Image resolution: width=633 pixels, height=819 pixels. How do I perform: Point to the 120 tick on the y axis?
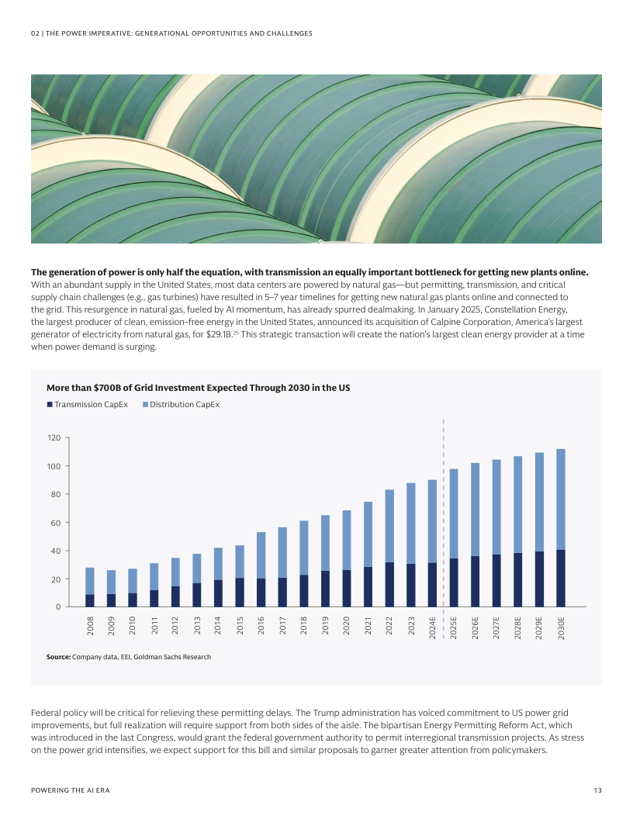click(53, 438)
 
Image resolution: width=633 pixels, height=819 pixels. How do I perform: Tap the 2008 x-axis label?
click(90, 626)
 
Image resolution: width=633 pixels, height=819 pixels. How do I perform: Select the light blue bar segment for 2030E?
click(561, 499)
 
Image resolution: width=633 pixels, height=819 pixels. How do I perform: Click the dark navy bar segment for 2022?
click(389, 584)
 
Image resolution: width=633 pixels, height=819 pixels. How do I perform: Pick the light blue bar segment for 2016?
click(261, 555)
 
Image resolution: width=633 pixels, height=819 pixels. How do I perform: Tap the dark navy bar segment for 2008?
click(90, 600)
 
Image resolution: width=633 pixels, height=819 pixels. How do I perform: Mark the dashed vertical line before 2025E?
click(443, 512)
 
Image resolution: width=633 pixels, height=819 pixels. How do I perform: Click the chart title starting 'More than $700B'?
click(198, 388)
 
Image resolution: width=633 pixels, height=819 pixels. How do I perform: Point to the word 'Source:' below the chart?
click(58, 657)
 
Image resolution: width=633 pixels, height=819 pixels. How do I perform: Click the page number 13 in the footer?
click(597, 790)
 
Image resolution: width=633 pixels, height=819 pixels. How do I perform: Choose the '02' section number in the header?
click(35, 33)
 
